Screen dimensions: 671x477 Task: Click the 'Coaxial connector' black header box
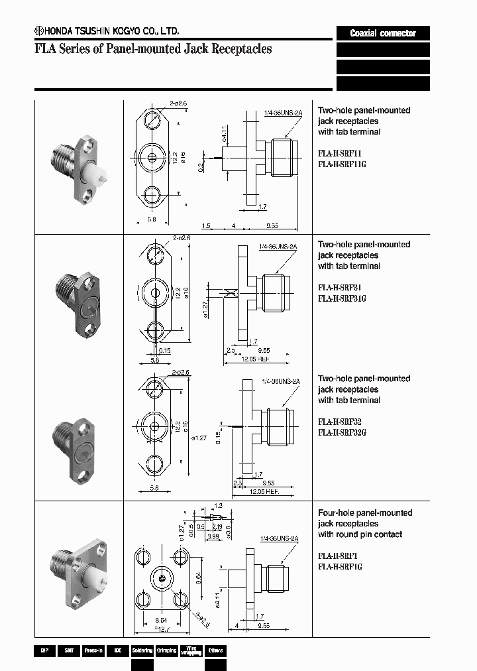pos(383,33)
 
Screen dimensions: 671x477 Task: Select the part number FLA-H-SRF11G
pos(342,164)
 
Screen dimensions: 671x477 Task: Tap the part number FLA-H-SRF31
pos(339,288)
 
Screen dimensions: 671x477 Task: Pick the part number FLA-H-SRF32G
pos(342,432)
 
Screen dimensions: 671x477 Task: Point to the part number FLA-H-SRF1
pos(338,556)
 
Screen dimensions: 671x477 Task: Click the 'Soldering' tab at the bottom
pos(142,650)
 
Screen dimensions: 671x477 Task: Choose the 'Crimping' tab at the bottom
pos(166,650)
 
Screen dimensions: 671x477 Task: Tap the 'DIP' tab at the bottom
pos(44,650)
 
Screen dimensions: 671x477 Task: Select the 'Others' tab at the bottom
pos(215,650)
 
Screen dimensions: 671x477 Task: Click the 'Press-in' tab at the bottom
pos(93,650)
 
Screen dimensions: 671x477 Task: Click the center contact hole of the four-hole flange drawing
pos(162,579)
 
